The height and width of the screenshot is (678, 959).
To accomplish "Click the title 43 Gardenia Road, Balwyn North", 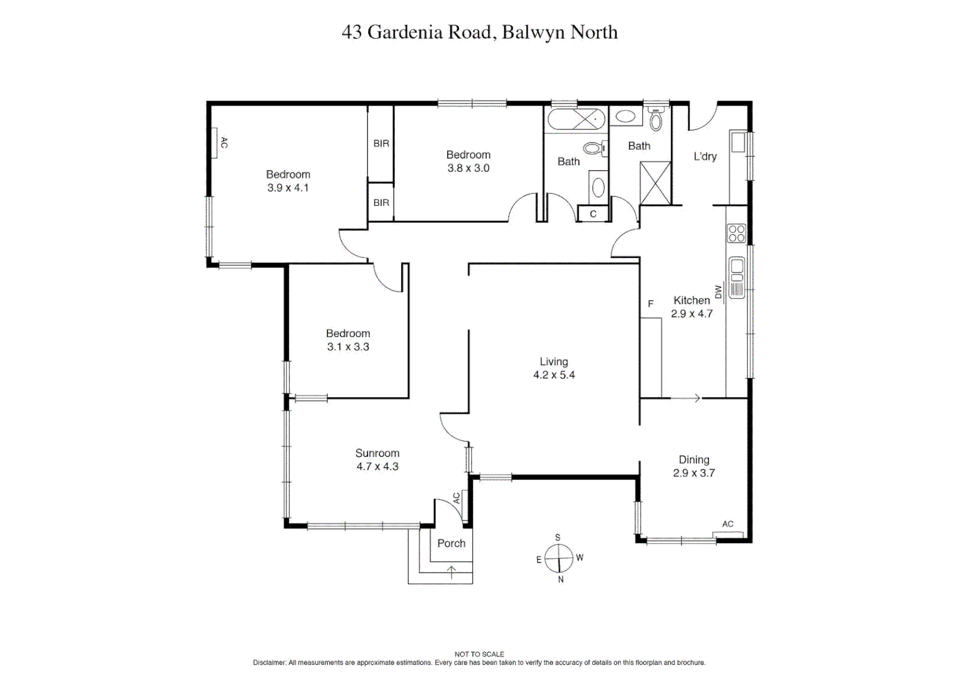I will pyautogui.click(x=479, y=32).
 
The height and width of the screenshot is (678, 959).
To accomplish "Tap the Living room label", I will pyautogui.click(x=553, y=362).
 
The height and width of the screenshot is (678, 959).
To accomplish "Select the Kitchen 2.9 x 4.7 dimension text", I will pyautogui.click(x=691, y=314).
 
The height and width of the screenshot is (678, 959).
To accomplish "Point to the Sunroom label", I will pyautogui.click(x=377, y=453).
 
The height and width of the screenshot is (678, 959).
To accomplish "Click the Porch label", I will pyautogui.click(x=451, y=544).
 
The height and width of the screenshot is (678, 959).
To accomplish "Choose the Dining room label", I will pyautogui.click(x=693, y=460).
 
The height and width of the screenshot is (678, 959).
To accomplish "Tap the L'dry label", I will pyautogui.click(x=705, y=156).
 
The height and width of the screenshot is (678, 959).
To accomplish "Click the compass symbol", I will pyautogui.click(x=558, y=558).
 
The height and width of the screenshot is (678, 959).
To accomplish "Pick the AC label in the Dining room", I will pyautogui.click(x=727, y=524).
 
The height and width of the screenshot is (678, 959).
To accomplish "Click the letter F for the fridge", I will pyautogui.click(x=651, y=304).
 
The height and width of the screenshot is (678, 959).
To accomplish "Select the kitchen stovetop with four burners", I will pyautogui.click(x=736, y=234).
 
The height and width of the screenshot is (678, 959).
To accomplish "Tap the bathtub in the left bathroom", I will pyautogui.click(x=575, y=119).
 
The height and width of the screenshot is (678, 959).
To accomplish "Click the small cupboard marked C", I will pyautogui.click(x=593, y=214).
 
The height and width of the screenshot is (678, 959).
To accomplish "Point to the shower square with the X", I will pyautogui.click(x=655, y=183).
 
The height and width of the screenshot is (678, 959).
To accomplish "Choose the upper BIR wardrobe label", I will pyautogui.click(x=381, y=144).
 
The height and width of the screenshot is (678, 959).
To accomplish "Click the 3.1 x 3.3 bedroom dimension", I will pyautogui.click(x=348, y=347).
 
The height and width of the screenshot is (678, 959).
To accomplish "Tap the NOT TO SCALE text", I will pyautogui.click(x=479, y=654).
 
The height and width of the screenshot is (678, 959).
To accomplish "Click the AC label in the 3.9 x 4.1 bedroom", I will pyautogui.click(x=224, y=143).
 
